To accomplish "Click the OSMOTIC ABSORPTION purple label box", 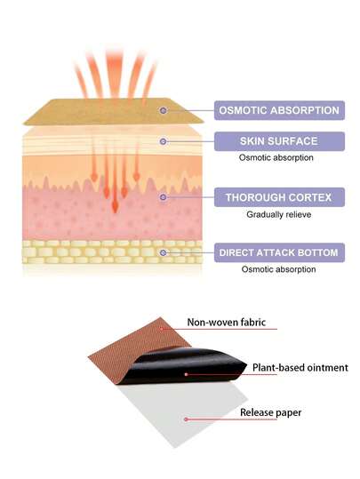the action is point(279,110).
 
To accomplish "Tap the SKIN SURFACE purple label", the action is point(279,141).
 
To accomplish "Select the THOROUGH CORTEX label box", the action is point(279,197).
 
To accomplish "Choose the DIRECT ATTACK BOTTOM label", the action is point(279,252).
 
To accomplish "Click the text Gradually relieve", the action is point(279,214).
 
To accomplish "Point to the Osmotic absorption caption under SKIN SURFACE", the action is point(276,157).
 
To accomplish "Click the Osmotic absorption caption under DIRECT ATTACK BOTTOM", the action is point(278,269).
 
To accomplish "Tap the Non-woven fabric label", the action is point(227,323).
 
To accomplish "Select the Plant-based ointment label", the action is point(300,368).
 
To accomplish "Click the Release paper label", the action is point(271,412).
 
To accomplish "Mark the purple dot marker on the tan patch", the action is point(164,110).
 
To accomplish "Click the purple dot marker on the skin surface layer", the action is point(164,141).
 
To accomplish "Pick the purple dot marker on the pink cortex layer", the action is point(164,197).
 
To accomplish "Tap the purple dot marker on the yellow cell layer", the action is point(164,252).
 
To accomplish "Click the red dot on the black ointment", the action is point(186,374).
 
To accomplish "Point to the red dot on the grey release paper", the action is point(186,419).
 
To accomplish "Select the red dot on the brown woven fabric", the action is point(162,329).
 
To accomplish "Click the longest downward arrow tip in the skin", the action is point(115,212).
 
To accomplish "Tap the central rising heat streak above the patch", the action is point(115,73).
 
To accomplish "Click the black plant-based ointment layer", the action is point(183,366).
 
